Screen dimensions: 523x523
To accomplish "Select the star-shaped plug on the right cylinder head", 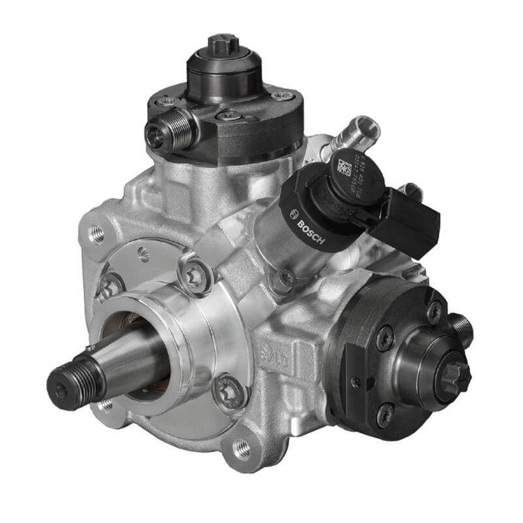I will (455, 375).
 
